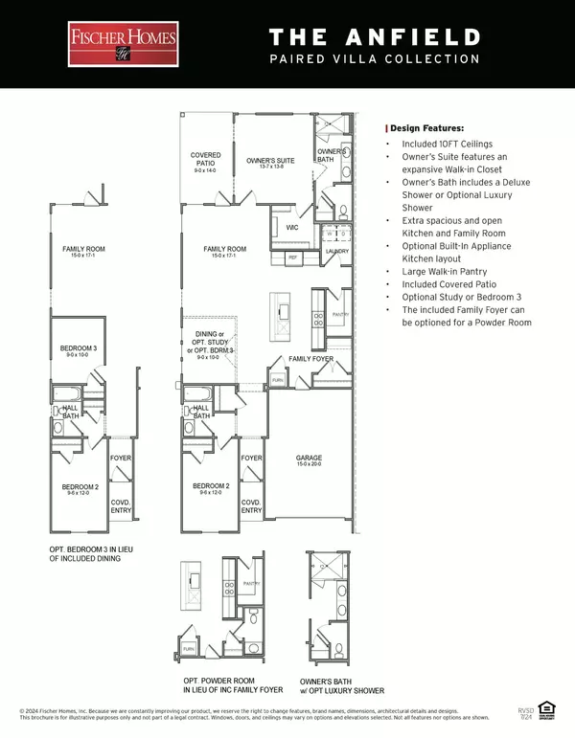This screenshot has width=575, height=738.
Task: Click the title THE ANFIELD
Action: pos(374,36)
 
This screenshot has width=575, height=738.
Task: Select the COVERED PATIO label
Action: pos(205,160)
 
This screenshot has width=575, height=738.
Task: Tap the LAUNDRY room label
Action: pos(337,252)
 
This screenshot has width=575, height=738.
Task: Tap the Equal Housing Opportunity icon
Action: pos(549,711)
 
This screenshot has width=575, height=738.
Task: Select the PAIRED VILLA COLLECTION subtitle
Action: pos(374,59)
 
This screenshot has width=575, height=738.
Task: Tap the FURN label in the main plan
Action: pos(278,381)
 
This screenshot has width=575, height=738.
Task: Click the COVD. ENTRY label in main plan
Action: pos(251,506)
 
